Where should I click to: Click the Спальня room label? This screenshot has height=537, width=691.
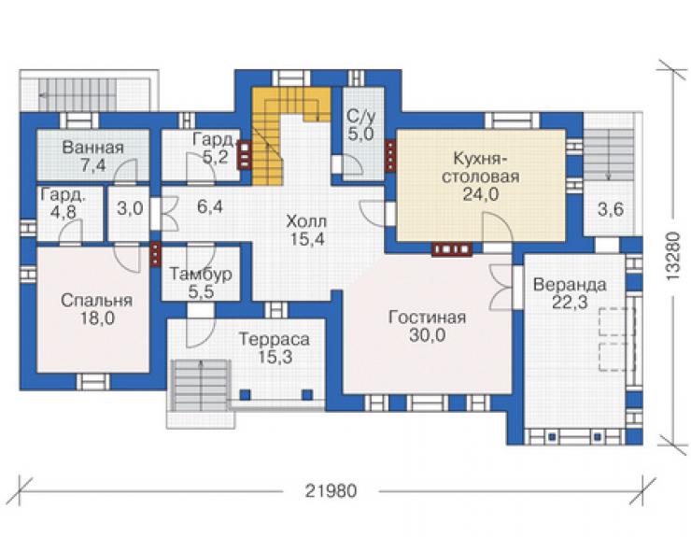(96, 300)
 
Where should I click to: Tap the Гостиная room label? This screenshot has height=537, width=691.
(427, 318)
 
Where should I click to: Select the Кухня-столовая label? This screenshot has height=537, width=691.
(481, 167)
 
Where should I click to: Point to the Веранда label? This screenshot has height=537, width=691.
(570, 285)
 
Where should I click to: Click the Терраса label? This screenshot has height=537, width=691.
(275, 339)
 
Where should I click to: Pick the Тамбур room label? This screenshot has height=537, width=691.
(201, 275)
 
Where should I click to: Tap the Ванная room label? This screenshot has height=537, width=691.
(93, 148)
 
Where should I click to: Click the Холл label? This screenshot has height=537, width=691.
(306, 221)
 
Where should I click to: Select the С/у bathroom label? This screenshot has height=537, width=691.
(361, 117)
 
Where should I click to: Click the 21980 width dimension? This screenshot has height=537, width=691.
(331, 490)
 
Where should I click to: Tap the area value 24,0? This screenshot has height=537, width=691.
(481, 193)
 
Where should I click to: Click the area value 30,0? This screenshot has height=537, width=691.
(427, 335)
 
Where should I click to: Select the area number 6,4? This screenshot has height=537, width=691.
(210, 206)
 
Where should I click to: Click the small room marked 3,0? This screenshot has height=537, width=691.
(130, 208)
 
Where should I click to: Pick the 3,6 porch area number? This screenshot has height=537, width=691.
(611, 209)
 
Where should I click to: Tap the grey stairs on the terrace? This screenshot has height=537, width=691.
(201, 385)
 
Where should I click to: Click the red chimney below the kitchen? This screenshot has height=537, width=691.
(452, 249)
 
